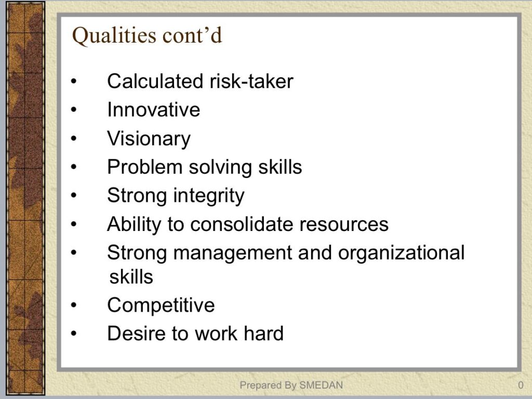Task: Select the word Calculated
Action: [155, 81]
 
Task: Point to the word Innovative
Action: [153, 110]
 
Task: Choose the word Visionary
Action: [149, 139]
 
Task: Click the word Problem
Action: [145, 167]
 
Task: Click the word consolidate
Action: [241, 224]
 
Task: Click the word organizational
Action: [401, 253]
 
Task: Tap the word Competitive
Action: [161, 305]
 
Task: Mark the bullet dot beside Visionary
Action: [74, 139]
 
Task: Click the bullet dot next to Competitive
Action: [74, 305]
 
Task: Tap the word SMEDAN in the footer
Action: [321, 385]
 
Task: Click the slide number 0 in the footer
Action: [521, 385]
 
